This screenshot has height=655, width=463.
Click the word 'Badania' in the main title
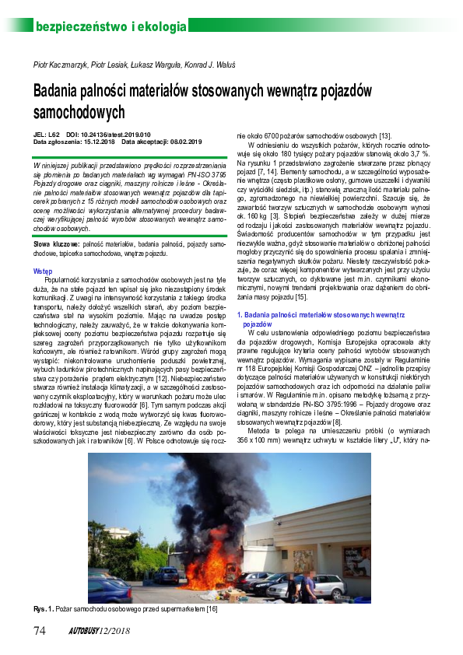(x=58, y=92)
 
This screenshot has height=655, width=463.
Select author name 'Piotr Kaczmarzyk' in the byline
(x=60, y=61)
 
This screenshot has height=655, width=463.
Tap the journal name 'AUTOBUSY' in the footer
(x=82, y=629)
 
